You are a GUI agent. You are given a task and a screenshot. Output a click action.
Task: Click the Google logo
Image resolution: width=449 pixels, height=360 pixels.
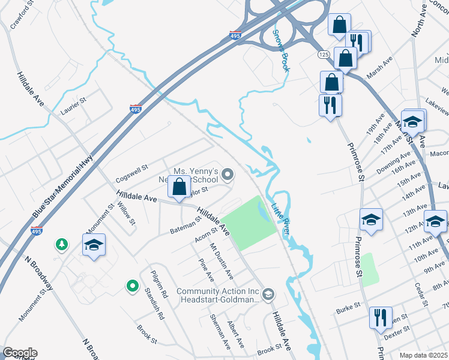tap(20, 353)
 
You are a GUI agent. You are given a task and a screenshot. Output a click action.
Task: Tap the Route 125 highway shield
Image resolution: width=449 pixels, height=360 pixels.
tap(324, 54)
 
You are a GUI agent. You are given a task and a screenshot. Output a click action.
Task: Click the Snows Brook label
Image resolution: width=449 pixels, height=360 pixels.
tap(281, 51)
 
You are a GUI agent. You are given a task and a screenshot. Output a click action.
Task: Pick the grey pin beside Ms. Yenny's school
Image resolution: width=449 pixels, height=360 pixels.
tap(228, 175)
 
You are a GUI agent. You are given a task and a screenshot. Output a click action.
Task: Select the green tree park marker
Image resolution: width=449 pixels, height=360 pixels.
tap(61, 244)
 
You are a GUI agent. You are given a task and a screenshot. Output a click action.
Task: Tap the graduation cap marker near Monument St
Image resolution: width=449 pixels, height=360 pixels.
tap(94, 245)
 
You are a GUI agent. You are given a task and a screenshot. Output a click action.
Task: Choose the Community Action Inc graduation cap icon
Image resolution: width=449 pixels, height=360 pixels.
tap(268, 294)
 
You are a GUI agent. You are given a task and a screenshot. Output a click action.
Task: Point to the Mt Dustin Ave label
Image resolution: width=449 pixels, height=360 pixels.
tap(220, 260)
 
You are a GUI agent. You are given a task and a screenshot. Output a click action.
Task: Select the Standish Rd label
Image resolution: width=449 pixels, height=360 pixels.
tap(154, 303)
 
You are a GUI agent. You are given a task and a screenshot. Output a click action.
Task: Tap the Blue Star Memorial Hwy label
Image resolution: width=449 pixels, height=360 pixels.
tap(62, 187)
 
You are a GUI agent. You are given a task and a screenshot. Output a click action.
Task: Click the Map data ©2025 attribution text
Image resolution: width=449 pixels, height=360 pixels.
tap(423, 355)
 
